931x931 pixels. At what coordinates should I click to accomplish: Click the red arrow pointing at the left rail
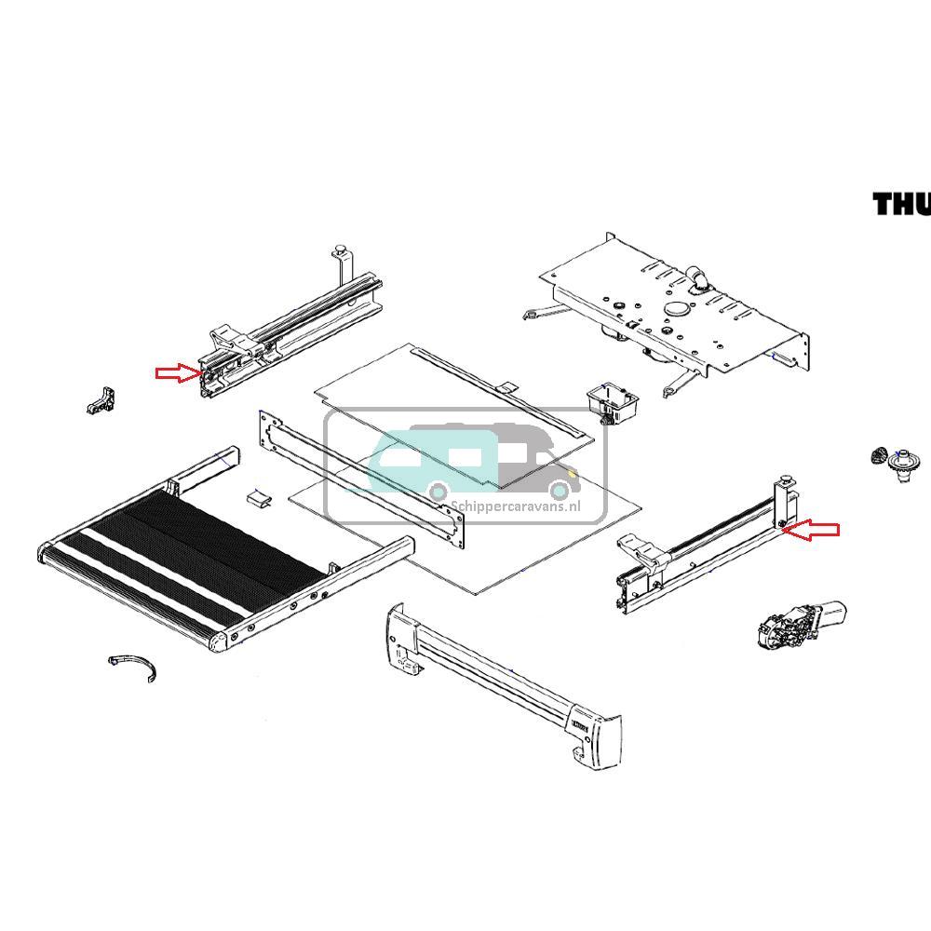coord(177,373)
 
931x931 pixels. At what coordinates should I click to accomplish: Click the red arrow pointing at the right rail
coord(814,530)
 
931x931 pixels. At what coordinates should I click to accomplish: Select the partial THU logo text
coord(900,204)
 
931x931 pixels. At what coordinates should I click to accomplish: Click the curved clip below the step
coord(132,667)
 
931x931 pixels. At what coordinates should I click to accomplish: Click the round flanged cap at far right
coord(902,462)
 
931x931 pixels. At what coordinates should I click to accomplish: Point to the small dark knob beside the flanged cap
coord(877,456)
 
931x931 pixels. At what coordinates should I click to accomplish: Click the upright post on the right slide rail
coord(785,503)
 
